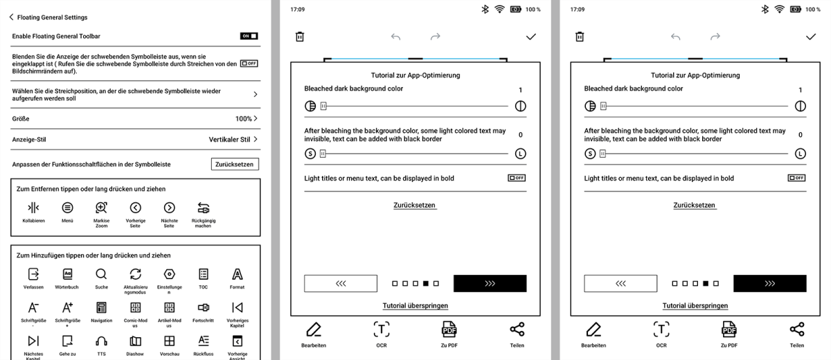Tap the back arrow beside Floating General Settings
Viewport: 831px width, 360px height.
click(x=12, y=17)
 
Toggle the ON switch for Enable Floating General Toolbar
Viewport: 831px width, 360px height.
click(x=249, y=36)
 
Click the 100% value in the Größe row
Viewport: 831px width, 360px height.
click(x=243, y=118)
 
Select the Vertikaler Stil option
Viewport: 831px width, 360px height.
click(x=229, y=139)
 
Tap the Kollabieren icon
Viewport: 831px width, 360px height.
click(x=33, y=208)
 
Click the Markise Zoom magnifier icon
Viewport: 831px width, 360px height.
click(x=101, y=208)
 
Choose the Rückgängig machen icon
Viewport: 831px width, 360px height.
click(x=204, y=208)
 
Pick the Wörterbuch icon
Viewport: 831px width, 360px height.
click(x=67, y=274)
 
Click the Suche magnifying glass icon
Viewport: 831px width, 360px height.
click(x=101, y=274)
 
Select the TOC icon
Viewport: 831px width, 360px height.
click(x=204, y=274)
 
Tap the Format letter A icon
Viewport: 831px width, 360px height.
click(x=237, y=274)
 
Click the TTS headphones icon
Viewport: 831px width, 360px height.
click(x=101, y=341)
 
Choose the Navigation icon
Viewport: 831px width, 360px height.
click(x=101, y=307)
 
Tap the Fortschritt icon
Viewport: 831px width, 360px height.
click(x=204, y=307)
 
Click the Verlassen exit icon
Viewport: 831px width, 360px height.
click(x=33, y=274)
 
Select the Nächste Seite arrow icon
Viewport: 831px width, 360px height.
click(x=169, y=208)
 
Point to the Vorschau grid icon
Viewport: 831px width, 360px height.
click(x=169, y=341)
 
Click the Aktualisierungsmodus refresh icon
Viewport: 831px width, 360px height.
click(x=136, y=274)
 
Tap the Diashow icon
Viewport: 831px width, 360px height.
click(x=136, y=341)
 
